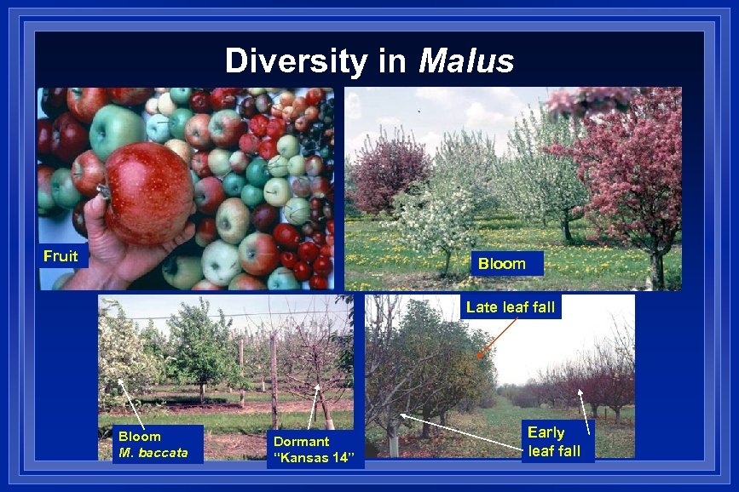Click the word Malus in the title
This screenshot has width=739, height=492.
pyautogui.click(x=466, y=61)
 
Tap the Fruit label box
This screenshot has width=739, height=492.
pyautogui.click(x=61, y=256)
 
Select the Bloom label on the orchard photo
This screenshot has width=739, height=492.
pyautogui.click(x=501, y=264)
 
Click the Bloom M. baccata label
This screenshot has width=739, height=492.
pyautogui.click(x=153, y=444)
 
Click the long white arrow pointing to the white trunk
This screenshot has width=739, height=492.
pyautogui.click(x=460, y=432)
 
